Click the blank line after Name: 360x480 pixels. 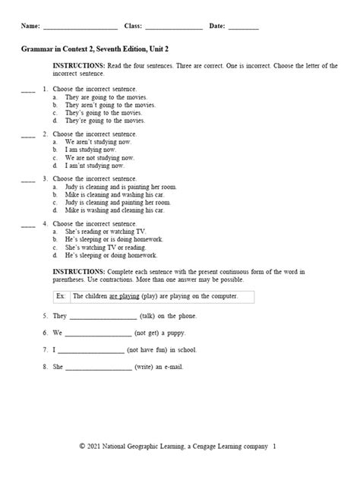pyautogui.click(x=80, y=28)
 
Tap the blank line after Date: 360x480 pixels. pyautogui.click(x=243, y=28)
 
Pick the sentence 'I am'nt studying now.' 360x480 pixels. pyautogui.click(x=96, y=165)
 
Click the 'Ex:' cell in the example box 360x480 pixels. pyautogui.click(x=62, y=295)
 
